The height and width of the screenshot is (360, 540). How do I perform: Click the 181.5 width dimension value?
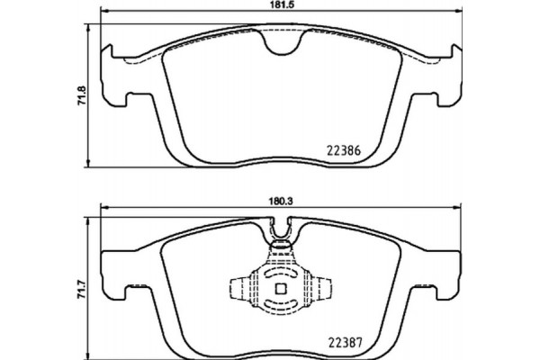click(x=278, y=6)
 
